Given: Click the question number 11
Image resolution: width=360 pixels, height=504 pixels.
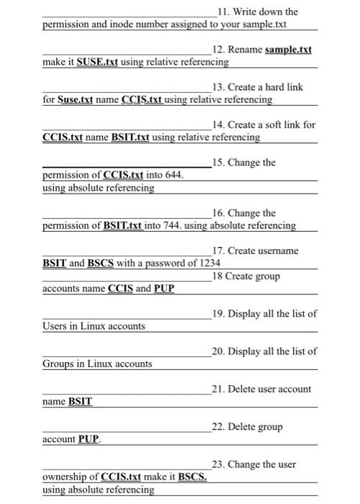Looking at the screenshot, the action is [x=222, y=12].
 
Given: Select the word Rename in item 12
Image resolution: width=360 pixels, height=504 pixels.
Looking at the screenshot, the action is [x=246, y=50].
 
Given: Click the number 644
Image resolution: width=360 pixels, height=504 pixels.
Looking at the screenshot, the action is [x=174, y=175].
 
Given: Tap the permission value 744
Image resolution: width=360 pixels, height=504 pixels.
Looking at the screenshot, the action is [x=173, y=225].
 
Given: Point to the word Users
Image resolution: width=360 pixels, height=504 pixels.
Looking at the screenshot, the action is [x=55, y=326].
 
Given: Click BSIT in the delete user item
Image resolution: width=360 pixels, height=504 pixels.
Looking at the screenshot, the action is [x=80, y=402].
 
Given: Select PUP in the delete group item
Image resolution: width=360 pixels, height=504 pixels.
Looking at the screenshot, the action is [x=89, y=439].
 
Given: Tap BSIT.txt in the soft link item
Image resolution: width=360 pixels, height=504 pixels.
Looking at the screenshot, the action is [x=130, y=137].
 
